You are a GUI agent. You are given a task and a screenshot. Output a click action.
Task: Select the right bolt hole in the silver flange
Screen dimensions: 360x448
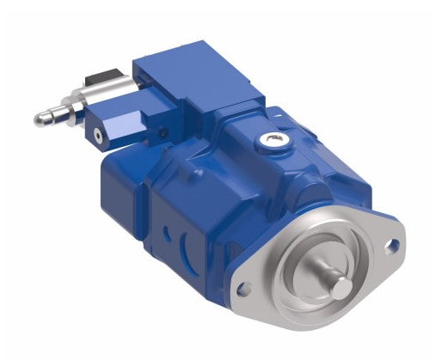point(394,247)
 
